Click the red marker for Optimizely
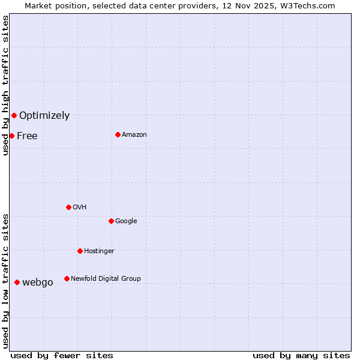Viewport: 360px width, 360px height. click(14, 115)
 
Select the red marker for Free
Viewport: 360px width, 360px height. click(11, 136)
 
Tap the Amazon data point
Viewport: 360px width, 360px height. click(118, 134)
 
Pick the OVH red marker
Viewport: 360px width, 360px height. click(68, 207)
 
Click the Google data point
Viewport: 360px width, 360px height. click(111, 221)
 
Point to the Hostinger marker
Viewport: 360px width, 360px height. click(80, 251)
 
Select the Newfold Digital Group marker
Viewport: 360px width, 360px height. click(67, 278)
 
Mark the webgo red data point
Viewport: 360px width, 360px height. click(17, 282)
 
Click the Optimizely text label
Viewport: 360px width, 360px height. click(44, 116)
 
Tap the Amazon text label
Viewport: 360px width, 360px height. click(134, 135)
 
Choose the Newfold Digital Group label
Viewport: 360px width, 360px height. click(106, 278)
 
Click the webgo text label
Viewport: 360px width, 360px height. click(38, 283)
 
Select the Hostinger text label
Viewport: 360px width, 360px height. click(99, 251)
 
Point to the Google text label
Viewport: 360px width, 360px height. click(126, 221)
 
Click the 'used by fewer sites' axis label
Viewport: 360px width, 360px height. click(62, 355)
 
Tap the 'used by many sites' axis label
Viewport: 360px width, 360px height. click(301, 355)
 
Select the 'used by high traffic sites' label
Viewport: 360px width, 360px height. click(5, 85)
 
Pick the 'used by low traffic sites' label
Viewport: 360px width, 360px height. click(5, 280)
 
